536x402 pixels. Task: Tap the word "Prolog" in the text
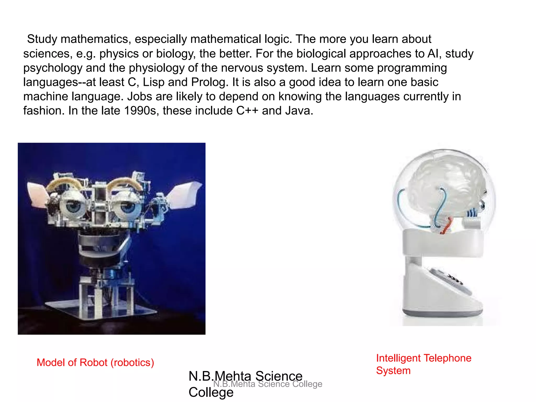click(x=208, y=82)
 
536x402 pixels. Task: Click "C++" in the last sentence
click(x=247, y=111)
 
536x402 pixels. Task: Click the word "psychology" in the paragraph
click(x=53, y=68)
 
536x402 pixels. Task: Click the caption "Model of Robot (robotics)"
click(x=95, y=362)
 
